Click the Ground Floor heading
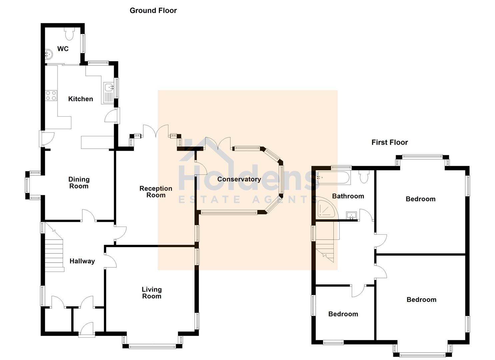click(153, 11)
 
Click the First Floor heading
click(390, 142)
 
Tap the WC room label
click(63, 49)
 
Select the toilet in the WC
click(69, 34)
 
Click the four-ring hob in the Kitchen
click(51, 95)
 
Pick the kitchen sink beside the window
click(109, 87)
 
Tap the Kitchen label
click(80, 99)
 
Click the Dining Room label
click(79, 183)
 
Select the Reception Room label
click(156, 192)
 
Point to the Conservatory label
click(239, 179)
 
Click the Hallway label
click(82, 261)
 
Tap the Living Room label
click(152, 293)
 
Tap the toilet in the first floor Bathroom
click(364, 176)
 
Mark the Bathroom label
click(348, 196)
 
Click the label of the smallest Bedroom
click(343, 314)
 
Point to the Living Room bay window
click(152, 346)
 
